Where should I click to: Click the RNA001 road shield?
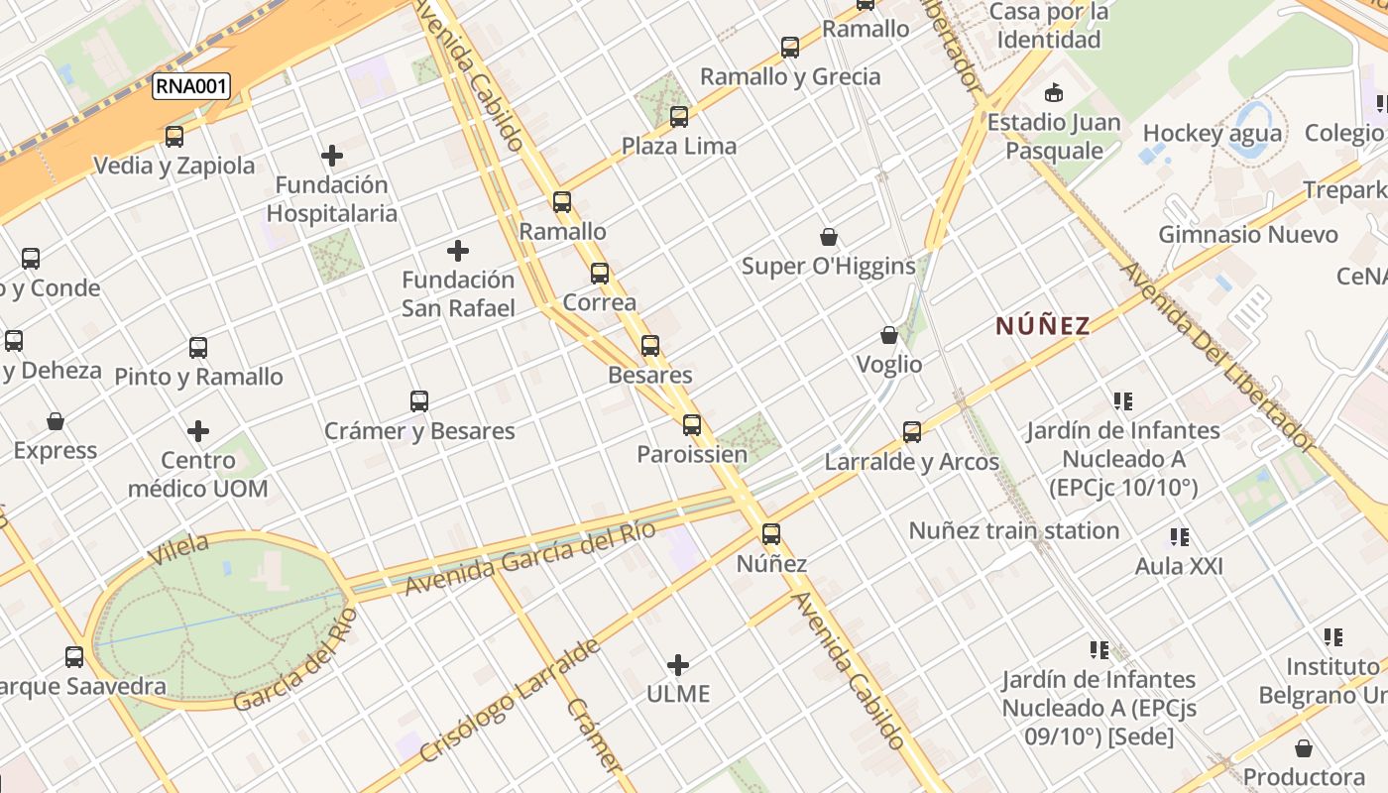click(191, 86)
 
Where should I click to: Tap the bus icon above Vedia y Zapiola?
click(174, 137)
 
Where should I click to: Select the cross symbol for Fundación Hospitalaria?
click(332, 156)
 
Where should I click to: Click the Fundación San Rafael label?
click(458, 293)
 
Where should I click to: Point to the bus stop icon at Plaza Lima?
click(679, 117)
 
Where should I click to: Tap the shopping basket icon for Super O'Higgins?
click(829, 237)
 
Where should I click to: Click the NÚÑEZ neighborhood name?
click(1043, 325)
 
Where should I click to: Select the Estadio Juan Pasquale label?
click(1054, 137)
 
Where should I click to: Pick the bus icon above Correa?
click(600, 274)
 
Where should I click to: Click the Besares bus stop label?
click(650, 376)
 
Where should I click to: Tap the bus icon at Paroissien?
click(692, 425)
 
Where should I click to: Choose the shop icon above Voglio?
click(889, 336)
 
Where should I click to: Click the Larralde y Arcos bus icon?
click(912, 432)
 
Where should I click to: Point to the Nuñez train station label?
click(1014, 530)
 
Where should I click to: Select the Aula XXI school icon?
click(1179, 537)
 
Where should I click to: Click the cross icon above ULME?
click(678, 664)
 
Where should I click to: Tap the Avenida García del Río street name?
click(529, 558)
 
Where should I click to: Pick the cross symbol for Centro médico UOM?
click(198, 431)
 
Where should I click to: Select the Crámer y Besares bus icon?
click(419, 401)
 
